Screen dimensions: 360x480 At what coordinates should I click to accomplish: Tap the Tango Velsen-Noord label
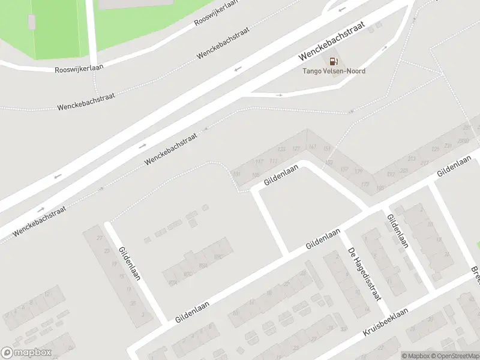click(x=333, y=71)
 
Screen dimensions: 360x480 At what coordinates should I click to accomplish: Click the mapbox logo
click(x=26, y=353)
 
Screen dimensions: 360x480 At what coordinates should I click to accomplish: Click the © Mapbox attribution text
click(x=415, y=356)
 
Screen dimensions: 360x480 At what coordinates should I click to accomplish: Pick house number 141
click(x=312, y=147)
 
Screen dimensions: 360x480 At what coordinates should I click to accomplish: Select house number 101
click(x=236, y=174)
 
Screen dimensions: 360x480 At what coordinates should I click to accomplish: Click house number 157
click(x=344, y=169)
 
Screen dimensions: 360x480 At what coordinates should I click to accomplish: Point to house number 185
click(x=379, y=188)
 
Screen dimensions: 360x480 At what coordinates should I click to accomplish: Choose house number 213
click(x=411, y=159)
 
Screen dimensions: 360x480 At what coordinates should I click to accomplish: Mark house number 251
click(x=467, y=128)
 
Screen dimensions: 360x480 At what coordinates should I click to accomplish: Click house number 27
click(x=100, y=238)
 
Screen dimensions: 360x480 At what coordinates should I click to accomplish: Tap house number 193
click(x=391, y=175)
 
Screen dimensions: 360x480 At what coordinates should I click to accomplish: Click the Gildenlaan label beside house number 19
click(x=129, y=264)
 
